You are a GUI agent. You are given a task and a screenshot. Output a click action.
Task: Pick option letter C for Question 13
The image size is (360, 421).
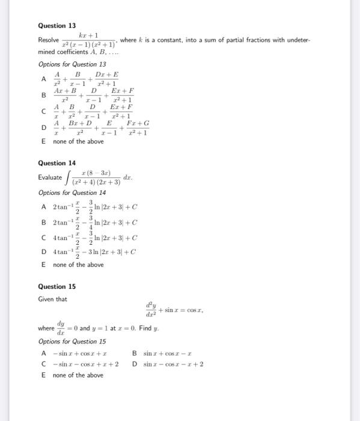[x=43, y=111]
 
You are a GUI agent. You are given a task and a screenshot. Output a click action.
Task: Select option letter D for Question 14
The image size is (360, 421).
[x=44, y=252]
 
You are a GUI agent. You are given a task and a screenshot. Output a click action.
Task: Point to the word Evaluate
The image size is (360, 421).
[x=50, y=177]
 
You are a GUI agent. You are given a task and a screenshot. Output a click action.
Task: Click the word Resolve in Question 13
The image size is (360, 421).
[x=49, y=40]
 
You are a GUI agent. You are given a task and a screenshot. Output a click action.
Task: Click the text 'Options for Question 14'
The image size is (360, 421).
[x=72, y=192]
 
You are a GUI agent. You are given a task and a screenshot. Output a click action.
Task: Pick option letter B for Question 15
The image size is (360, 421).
[x=135, y=353]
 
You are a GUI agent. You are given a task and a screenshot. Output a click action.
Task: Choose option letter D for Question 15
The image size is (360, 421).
[x=135, y=364]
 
